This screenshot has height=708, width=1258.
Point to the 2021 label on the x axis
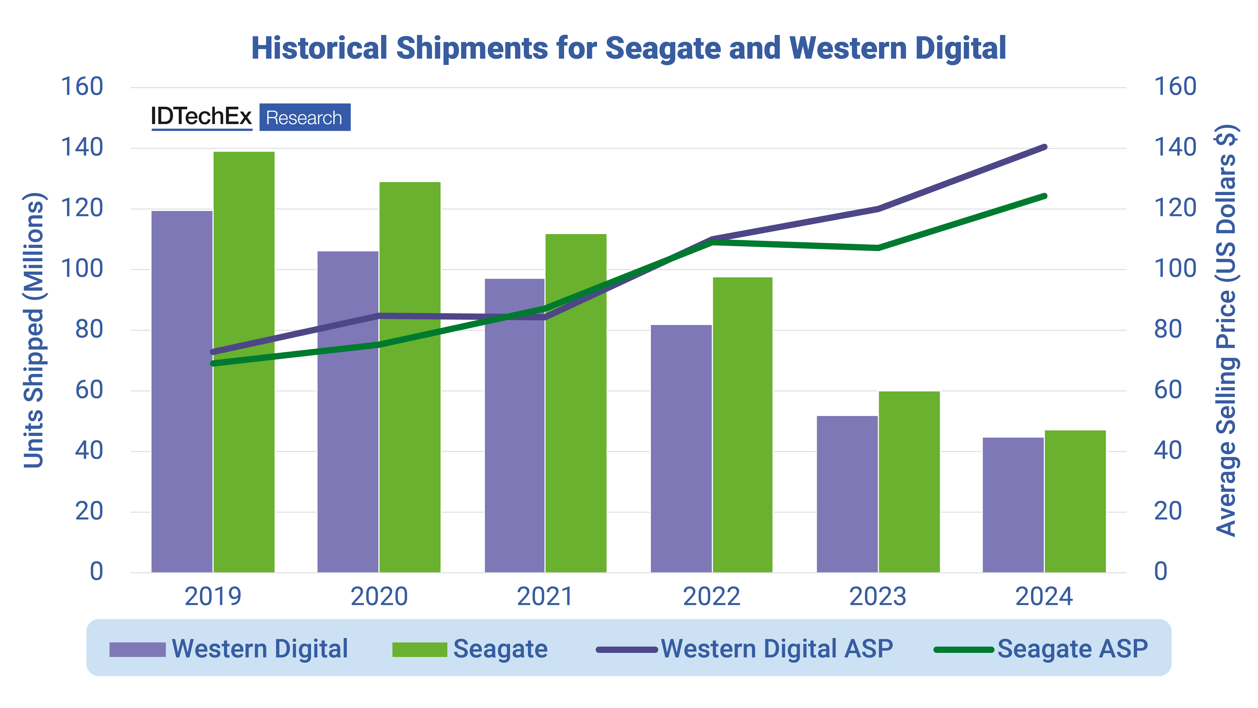point(545,597)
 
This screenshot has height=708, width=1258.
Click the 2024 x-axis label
point(1044,597)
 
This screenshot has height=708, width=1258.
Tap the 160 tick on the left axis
point(82,87)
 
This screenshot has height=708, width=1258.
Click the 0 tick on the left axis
point(96,572)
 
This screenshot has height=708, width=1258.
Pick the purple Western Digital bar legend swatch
point(137,649)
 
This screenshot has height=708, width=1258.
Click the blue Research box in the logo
point(304,117)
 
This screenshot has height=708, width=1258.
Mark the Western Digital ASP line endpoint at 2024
point(1045,146)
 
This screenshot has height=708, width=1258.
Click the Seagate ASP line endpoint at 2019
point(212,363)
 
